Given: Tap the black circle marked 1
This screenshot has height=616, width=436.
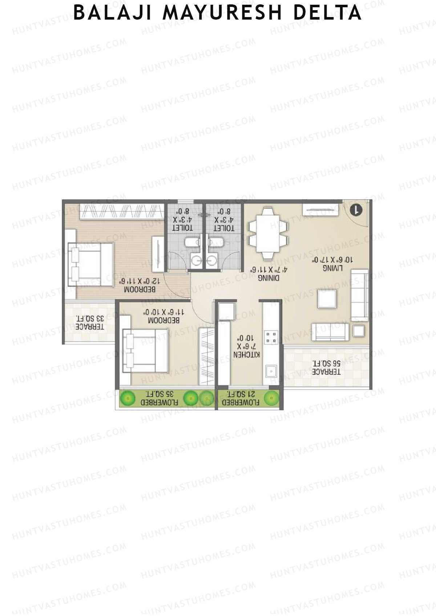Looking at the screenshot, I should tap(356, 210).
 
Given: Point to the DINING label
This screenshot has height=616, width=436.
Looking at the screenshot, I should tap(269, 278).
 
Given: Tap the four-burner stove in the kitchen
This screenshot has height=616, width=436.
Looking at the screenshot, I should tap(271, 337).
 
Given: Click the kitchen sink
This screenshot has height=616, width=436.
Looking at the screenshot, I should tap(271, 371).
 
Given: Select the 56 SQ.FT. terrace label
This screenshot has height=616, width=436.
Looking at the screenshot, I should tap(326, 367).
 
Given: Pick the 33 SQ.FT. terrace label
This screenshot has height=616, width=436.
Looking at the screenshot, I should tap(89, 322).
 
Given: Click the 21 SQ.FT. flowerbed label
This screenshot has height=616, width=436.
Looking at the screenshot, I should tap(241, 398).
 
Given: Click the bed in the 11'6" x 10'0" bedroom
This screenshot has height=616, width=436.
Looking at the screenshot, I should tap(145, 351).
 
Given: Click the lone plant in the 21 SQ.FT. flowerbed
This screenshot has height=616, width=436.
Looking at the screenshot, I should tap(271, 399).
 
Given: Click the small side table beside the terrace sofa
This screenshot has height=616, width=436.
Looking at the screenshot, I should tap(359, 331).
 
